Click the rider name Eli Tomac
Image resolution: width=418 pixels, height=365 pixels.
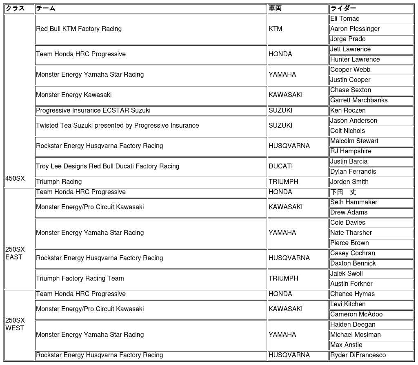(x=345, y=19)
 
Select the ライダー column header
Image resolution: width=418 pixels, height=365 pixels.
(x=343, y=8)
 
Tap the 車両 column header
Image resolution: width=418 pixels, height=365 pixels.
(x=275, y=8)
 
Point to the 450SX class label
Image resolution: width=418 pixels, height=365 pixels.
(x=15, y=178)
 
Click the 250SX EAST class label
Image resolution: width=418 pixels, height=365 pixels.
(x=15, y=253)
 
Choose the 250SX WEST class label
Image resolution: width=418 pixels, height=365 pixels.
(x=15, y=324)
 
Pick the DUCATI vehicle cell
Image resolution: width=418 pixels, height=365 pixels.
(x=280, y=166)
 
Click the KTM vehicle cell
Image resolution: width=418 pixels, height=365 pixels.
(x=276, y=29)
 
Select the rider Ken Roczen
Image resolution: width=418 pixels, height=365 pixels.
(x=348, y=111)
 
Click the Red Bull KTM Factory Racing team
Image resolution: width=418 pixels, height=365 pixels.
(x=79, y=29)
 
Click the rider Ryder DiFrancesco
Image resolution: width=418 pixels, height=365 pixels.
(x=358, y=355)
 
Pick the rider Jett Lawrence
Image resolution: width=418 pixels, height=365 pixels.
(x=350, y=49)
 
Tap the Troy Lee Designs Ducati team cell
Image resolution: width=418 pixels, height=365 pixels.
(x=107, y=166)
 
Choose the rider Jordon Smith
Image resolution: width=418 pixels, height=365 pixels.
(x=349, y=182)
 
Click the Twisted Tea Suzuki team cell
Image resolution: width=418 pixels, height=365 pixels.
(x=117, y=126)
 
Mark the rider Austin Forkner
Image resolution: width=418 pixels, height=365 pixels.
(x=351, y=284)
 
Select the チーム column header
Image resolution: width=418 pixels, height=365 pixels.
(x=45, y=8)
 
